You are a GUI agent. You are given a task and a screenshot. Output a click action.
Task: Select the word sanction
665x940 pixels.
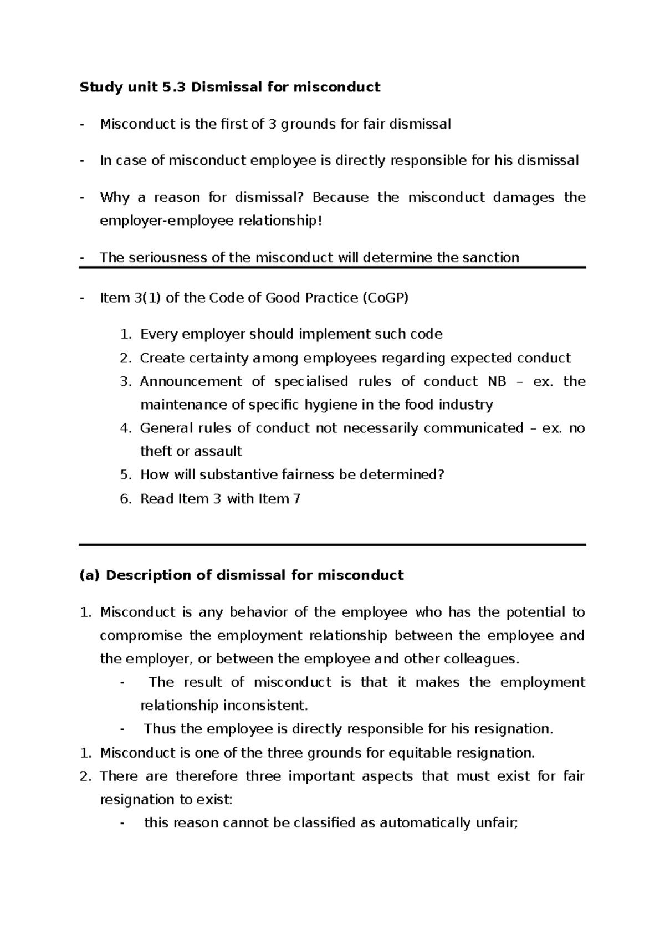(491, 257)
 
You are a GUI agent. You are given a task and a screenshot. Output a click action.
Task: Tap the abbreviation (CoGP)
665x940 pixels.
(385, 298)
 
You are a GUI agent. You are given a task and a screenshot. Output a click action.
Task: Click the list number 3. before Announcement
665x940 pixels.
(125, 381)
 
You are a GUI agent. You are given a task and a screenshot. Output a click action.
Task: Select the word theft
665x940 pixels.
(156, 451)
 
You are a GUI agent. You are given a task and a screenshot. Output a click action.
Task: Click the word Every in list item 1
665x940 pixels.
(158, 334)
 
